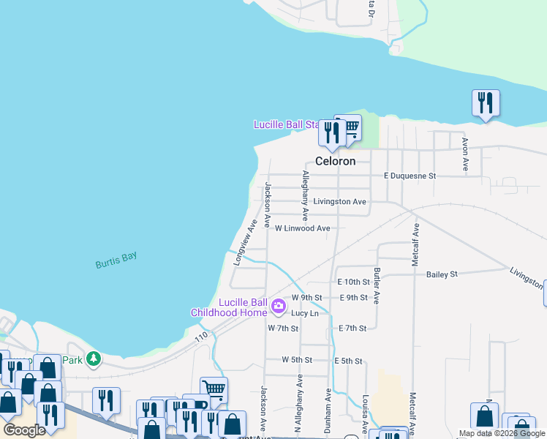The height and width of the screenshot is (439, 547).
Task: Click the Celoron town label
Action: tap(335, 161)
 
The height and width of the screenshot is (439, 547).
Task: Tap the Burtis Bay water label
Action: tap(116, 260)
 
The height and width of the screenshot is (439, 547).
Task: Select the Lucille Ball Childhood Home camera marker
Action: tap(278, 305)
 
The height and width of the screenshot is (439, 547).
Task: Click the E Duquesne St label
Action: tap(410, 176)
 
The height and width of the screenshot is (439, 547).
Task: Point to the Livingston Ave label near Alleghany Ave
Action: tap(339, 201)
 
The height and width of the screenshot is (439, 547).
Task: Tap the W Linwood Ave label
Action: tap(302, 228)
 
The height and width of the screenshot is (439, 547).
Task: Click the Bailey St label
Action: tap(442, 274)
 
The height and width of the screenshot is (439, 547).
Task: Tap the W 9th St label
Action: tap(306, 297)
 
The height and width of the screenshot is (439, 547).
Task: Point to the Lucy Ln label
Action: tap(305, 313)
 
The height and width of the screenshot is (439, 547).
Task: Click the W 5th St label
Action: tap(297, 360)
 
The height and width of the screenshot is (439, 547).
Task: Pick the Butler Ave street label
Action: tap(377, 285)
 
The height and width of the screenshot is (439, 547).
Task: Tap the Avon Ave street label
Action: tap(464, 154)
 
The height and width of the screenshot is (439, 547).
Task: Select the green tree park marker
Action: tap(93, 359)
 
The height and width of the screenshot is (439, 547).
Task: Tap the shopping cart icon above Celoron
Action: tap(350, 127)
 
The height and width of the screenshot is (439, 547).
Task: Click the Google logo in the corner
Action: tap(24, 430)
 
